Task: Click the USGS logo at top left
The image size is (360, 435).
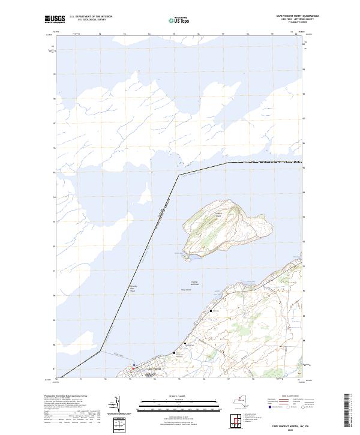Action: click(55, 20)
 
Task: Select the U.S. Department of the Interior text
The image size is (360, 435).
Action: click(91, 17)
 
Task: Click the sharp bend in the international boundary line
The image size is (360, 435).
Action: click(178, 175)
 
